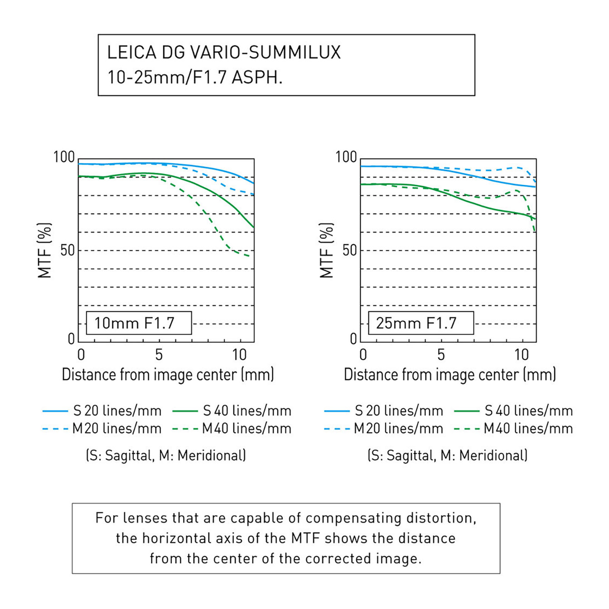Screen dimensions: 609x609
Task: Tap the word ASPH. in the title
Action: pyautogui.click(x=257, y=77)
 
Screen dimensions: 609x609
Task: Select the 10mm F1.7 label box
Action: pyautogui.click(x=139, y=323)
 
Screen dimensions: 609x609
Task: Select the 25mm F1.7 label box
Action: pyautogui.click(x=420, y=323)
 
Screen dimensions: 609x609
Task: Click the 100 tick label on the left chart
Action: pyautogui.click(x=64, y=157)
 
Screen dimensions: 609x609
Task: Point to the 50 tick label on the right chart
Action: pyautogui.click(x=349, y=250)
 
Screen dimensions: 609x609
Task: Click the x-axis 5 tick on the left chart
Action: pyautogui.click(x=159, y=354)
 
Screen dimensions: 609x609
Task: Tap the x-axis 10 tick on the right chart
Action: pyautogui.click(x=522, y=354)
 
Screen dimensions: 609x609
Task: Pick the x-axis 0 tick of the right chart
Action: pyautogui.click(x=363, y=354)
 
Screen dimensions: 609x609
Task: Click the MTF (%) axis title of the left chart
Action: pyautogui.click(x=44, y=250)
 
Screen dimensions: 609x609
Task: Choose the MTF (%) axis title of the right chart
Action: pyautogui.click(x=326, y=250)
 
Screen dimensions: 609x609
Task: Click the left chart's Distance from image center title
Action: pyautogui.click(x=168, y=375)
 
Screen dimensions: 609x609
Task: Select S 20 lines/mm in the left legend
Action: pyautogui.click(x=117, y=411)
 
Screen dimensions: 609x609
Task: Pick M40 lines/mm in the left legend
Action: pyautogui.click(x=246, y=428)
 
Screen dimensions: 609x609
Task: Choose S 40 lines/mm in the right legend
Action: pyautogui.click(x=528, y=411)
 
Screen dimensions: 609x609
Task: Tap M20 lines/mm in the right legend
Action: pyautogui.click(x=398, y=428)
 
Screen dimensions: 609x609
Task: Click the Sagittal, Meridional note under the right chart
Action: pyautogui.click(x=448, y=455)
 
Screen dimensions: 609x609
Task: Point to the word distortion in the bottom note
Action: pyautogui.click(x=440, y=518)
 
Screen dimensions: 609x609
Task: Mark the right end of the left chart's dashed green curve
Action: pyautogui.click(x=249, y=256)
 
